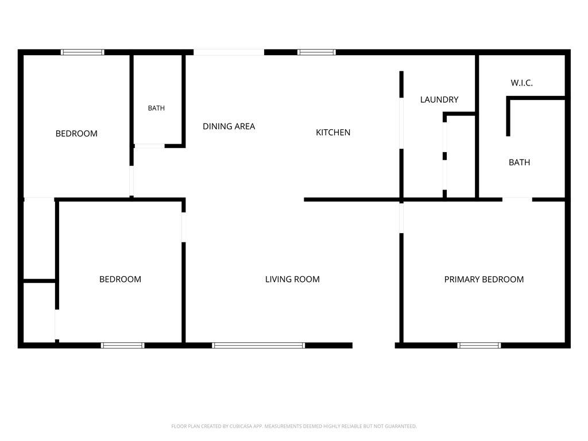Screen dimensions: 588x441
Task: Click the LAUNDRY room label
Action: [439, 100]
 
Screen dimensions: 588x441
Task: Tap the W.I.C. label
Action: [521, 83]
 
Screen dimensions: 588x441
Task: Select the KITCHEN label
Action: [333, 133]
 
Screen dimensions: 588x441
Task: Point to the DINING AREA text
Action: [229, 126]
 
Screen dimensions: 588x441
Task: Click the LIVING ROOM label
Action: [292, 280]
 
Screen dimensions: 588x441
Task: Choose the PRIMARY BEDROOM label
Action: [484, 280]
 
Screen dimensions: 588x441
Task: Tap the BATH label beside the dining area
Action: [156, 109]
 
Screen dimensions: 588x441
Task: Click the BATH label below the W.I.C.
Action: [519, 163]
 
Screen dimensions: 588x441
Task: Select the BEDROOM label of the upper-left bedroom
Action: [76, 133]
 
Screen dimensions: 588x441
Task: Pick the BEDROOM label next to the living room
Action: [121, 280]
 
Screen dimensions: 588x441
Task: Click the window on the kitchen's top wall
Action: [317, 52]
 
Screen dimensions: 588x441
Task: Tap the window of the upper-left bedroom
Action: [83, 52]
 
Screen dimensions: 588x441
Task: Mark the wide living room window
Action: [258, 345]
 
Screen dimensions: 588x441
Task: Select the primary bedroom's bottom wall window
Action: [479, 345]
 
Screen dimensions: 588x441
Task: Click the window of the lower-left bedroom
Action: [123, 345]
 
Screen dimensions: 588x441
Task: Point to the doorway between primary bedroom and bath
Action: [517, 199]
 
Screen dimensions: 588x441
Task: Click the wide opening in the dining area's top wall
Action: [229, 52]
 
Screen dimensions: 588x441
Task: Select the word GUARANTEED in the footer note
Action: [401, 427]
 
